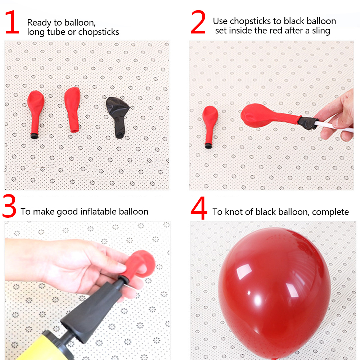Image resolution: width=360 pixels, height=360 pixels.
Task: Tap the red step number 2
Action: (198, 22)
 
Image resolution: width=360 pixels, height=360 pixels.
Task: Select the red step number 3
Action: (9, 206)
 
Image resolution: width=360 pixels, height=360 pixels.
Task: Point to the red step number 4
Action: (199, 208)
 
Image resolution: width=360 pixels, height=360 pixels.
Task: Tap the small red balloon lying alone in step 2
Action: (210, 126)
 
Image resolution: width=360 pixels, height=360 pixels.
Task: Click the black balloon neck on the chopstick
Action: (308, 123)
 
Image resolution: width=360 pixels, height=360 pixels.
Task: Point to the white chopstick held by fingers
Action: (334, 126)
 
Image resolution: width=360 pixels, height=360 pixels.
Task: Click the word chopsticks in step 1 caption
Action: (99, 32)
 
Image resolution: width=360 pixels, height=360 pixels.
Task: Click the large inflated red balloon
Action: (274, 293)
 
